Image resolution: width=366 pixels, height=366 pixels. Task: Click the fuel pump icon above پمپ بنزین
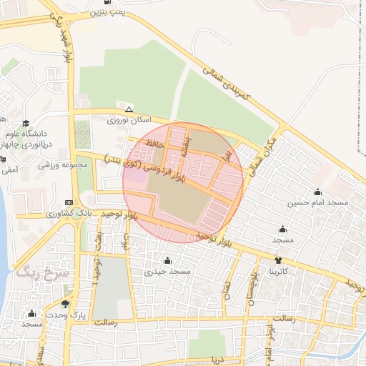[107, 2]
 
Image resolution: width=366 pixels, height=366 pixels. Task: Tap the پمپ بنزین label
[107, 13]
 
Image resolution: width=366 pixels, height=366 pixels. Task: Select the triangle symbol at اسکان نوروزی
[129, 110]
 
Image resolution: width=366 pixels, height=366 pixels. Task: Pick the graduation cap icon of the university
[26, 123]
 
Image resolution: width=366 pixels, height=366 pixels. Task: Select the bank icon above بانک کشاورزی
[69, 202]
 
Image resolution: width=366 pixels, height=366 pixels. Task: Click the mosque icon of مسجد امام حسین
[317, 192]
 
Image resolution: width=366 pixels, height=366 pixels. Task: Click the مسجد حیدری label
[167, 272]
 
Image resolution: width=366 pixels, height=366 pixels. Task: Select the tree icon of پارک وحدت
[66, 304]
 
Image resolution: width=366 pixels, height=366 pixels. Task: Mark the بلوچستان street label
[250, 286]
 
